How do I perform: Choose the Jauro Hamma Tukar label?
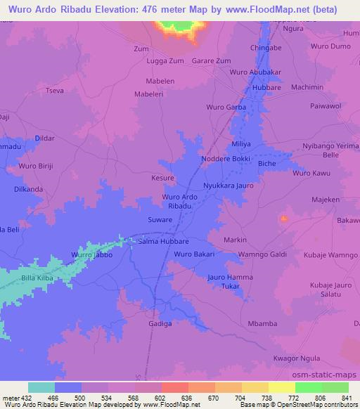[231, 282]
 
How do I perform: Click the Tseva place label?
[54, 91]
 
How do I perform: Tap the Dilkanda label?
[29, 190]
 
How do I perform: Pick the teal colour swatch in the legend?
[41, 387]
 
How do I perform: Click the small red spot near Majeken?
[284, 219]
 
